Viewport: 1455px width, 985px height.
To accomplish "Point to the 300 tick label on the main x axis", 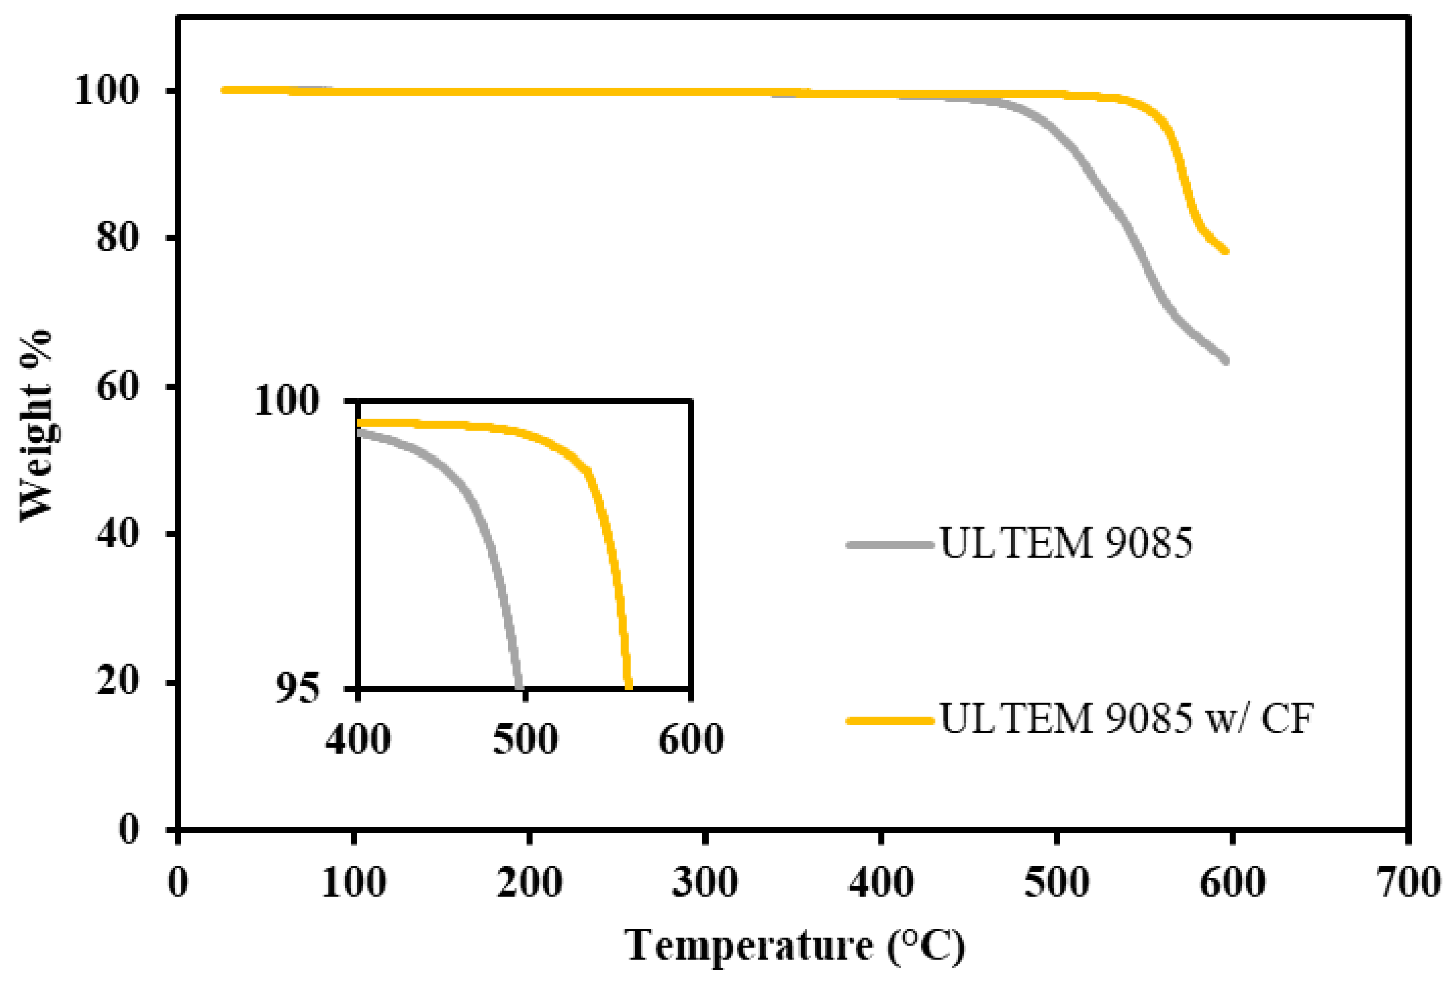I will click(705, 883).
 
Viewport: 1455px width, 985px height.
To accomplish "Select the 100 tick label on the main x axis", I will click(354, 883).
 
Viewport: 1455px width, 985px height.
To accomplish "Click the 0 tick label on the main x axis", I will click(179, 883).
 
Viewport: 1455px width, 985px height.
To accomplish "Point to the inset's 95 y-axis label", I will click(298, 689).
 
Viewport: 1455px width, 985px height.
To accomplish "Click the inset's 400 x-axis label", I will click(358, 739).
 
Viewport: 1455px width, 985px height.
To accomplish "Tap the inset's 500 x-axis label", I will click(525, 739).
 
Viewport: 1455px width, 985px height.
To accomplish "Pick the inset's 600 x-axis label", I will click(691, 739).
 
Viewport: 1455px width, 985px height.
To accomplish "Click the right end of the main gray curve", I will click(1225, 361).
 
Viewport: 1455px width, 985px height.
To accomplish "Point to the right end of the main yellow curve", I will click(1225, 252).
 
